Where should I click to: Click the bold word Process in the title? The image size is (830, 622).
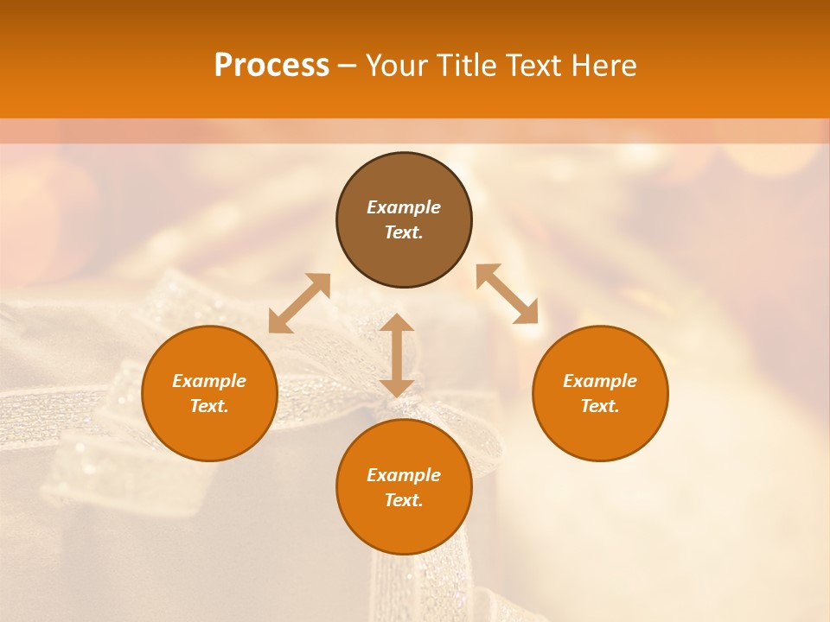[x=271, y=66]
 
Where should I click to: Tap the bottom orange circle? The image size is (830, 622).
[x=404, y=527]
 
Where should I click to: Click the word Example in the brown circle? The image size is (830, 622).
[x=404, y=207]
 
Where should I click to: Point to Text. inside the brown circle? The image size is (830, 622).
[x=404, y=232]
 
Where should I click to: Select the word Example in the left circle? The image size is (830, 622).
[x=209, y=381]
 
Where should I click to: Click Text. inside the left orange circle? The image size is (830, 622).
[x=209, y=406]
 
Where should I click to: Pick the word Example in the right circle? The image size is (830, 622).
[x=600, y=381]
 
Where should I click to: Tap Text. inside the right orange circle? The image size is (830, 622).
[x=600, y=406]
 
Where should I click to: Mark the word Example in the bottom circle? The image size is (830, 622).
[x=404, y=475]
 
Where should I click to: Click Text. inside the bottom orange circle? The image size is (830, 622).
[x=404, y=500]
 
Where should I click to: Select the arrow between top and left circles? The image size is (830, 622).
[x=299, y=302]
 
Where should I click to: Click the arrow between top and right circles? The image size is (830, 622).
[x=507, y=294]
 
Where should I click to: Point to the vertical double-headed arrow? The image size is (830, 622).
[x=397, y=355]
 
